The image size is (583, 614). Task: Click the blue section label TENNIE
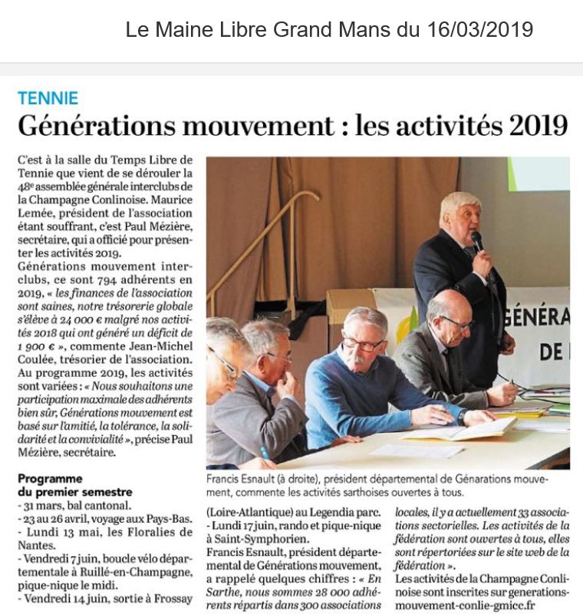coord(48,98)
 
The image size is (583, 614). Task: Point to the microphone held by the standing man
coord(477,241)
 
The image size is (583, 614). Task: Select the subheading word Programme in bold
coord(49,479)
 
